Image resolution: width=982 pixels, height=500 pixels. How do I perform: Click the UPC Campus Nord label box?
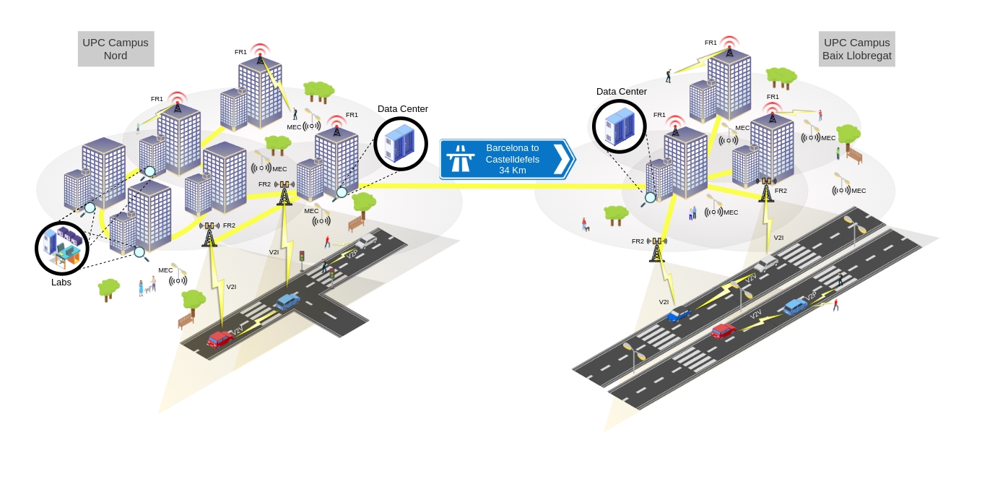(116, 49)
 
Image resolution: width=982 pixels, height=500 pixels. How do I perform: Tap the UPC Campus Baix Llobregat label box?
(856, 49)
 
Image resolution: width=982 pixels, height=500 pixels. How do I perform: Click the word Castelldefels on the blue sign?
(512, 160)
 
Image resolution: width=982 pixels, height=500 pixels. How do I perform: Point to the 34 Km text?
(512, 171)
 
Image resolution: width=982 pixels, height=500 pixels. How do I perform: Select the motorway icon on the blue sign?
(460, 158)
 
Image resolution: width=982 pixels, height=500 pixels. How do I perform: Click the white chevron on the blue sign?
(560, 159)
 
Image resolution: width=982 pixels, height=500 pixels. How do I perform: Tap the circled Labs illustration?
(62, 248)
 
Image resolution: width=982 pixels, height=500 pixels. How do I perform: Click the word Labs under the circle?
(61, 283)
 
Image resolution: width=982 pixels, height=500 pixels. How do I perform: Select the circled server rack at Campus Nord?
(401, 144)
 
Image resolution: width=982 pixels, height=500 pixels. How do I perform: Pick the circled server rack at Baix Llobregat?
(619, 126)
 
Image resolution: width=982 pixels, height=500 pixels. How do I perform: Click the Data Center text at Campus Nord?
(402, 109)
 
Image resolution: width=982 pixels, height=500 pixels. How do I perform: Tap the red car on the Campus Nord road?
(220, 338)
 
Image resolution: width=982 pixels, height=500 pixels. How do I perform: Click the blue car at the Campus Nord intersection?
(287, 301)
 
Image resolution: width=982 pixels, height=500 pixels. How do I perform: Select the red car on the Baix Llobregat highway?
(723, 331)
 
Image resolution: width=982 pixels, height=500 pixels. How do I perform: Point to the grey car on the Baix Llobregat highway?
(765, 264)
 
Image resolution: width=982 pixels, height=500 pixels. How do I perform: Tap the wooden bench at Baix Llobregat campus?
(854, 155)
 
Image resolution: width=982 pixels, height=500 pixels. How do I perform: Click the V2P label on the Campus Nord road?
(352, 254)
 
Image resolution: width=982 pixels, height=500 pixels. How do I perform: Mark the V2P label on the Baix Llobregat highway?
(811, 296)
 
